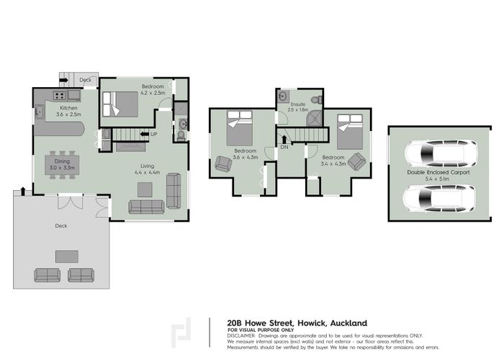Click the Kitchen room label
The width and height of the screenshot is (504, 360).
(69, 108)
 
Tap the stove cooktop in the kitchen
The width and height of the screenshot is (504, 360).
(56, 95)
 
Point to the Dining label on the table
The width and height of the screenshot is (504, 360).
(60, 161)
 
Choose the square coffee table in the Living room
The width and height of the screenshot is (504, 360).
(145, 189)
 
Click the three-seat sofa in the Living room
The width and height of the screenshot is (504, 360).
(147, 207)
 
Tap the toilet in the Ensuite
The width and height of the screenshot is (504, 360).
(313, 98)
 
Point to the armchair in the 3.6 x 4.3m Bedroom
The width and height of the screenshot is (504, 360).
(222, 163)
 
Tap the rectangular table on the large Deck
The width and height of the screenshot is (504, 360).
(67, 256)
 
